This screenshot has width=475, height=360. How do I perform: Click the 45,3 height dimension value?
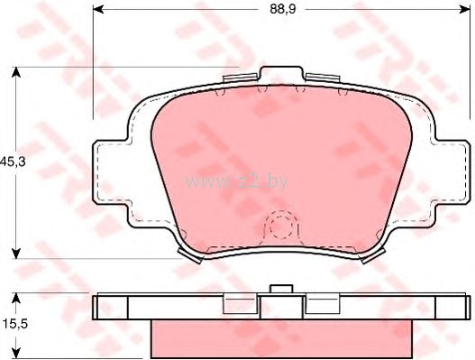coord(13,162)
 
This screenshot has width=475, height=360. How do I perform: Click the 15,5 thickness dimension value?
coord(15,324)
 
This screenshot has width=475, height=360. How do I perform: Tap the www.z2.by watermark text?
coord(236,181)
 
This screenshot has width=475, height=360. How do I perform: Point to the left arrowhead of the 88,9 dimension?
coord(98,9)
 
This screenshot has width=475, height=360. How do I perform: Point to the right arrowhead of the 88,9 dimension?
coord(464,9)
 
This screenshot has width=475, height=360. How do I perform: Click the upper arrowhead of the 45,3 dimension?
coord(16,72)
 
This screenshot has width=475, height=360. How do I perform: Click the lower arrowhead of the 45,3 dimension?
coord(16,254)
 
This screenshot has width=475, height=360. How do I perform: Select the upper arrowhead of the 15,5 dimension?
coord(16,299)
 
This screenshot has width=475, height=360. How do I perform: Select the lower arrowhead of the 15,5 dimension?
coord(16,353)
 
